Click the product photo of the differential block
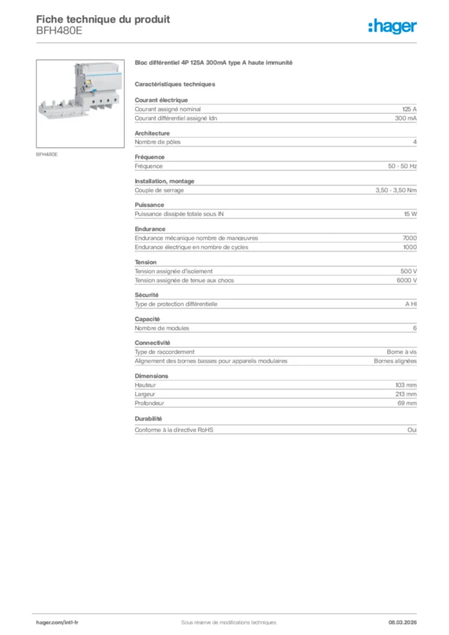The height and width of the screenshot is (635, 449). tap(80, 103)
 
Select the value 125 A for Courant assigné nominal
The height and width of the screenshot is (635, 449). tap(409, 109)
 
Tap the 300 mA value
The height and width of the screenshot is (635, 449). tap(406, 118)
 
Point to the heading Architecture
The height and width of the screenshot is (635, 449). tap(152, 133)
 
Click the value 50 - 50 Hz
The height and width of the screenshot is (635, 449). tap(402, 166)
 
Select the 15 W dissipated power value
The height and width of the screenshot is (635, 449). tap(410, 214)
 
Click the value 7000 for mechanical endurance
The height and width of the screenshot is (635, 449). tap(409, 238)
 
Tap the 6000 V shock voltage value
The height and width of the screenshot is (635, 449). tap(406, 280)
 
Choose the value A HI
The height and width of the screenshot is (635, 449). tap(411, 304)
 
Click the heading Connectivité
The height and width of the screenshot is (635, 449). tap(153, 343)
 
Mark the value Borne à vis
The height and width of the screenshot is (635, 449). tap(402, 352)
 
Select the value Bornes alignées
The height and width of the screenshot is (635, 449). tap(395, 361)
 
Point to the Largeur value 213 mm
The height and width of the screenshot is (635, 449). tap(406, 394)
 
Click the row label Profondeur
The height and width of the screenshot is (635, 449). tap(149, 403)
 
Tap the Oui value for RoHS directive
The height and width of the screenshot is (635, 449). tap(412, 430)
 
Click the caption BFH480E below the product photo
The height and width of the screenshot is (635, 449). tap(47, 154)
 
